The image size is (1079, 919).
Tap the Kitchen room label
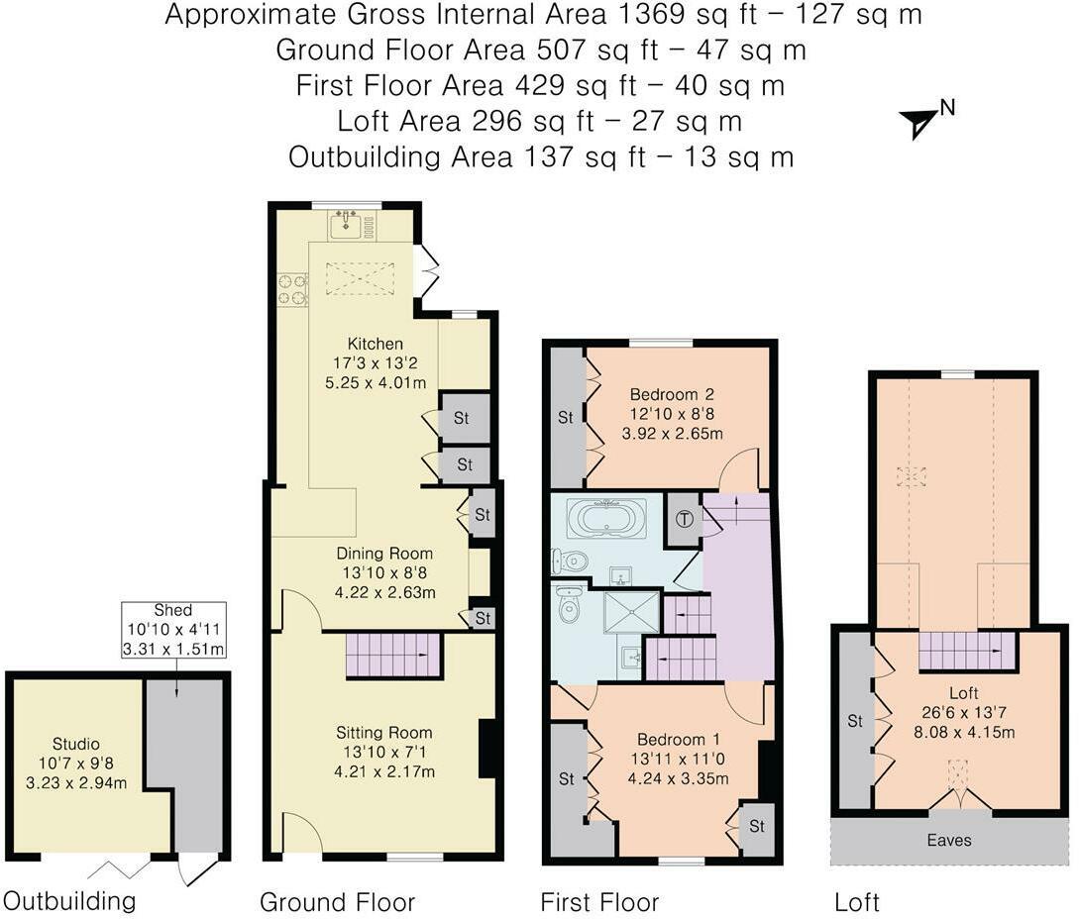pos(376,344)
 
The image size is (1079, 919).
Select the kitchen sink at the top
pos(352,223)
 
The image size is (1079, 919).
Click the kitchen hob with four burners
pos(292,289)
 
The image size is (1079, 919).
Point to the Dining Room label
pos(384,553)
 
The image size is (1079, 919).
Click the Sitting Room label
pos(384,733)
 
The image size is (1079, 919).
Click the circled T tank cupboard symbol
pos(684,519)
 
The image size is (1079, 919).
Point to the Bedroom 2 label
pos(672,395)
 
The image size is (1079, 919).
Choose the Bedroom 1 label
pos(678,740)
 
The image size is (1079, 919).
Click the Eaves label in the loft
pos(949,840)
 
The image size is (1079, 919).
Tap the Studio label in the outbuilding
pos(75,744)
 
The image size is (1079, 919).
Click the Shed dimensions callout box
pos(173,630)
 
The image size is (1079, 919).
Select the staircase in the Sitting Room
pos(393,655)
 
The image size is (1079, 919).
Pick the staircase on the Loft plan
pos(967,651)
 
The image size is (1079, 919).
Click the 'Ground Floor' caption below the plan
pos(337,902)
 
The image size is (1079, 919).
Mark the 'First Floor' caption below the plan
pos(599,902)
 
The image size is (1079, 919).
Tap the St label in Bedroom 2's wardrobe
pos(565,418)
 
